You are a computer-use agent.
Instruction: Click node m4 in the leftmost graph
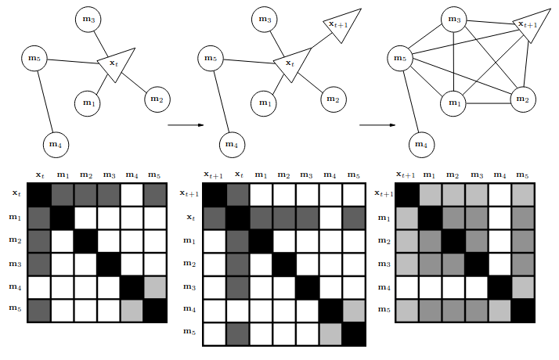(x=56, y=145)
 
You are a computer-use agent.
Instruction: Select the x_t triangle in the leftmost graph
(x=116, y=64)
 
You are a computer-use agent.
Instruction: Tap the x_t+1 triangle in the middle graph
(x=341, y=25)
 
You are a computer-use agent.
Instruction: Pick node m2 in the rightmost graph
(x=523, y=99)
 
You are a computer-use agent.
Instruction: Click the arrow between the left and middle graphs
(x=186, y=125)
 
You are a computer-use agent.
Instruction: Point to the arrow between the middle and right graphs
(x=377, y=125)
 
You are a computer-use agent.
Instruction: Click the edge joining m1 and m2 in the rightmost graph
(x=488, y=103)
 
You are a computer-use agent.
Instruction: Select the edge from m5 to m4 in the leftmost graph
(x=45, y=102)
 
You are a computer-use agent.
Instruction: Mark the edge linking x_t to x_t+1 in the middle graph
(x=318, y=42)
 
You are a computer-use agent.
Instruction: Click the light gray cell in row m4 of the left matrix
(x=155, y=288)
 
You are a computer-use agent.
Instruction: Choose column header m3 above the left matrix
(x=110, y=175)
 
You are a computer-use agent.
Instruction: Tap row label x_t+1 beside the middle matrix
(x=189, y=193)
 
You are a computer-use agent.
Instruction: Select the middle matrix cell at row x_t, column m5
(x=354, y=218)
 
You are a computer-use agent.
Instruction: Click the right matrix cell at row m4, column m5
(x=523, y=288)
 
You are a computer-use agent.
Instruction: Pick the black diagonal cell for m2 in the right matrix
(x=454, y=241)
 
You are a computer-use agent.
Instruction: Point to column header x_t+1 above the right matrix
(x=406, y=175)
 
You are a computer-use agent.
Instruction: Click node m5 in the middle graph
(x=211, y=58)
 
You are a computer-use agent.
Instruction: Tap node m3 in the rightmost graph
(x=454, y=20)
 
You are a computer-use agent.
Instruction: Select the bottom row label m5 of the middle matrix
(x=189, y=332)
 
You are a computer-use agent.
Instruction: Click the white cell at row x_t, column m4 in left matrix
(x=132, y=195)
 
